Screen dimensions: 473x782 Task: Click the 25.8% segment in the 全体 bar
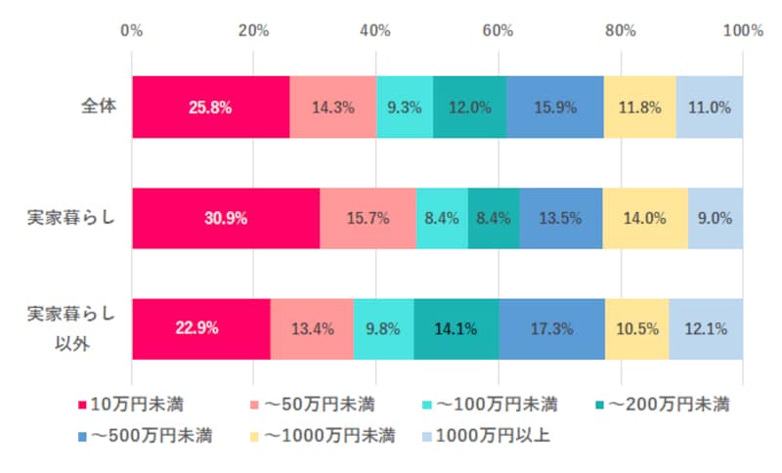coord(210,107)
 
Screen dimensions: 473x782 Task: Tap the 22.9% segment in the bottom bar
coord(200,329)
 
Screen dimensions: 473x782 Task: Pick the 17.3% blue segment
coord(552,329)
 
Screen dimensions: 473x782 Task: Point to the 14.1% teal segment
coord(456,329)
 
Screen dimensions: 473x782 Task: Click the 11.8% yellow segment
coord(639,107)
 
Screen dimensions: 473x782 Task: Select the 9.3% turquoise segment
coord(405,107)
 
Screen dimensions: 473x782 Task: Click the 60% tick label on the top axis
coord(498,30)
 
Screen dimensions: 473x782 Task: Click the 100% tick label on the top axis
coord(742,30)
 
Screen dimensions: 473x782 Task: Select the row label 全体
coord(99,107)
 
